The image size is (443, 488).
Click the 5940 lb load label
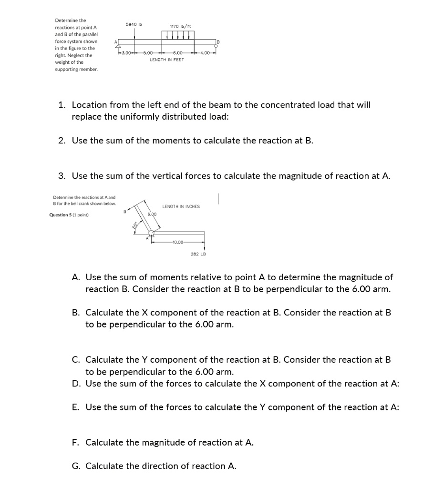134,24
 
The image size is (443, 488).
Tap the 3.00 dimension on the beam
126,52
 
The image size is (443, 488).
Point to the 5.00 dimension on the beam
148,52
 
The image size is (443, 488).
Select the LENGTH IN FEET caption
166,60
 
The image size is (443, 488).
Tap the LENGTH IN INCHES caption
181,206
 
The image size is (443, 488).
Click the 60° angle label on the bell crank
135,225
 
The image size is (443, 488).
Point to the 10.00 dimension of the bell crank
178,242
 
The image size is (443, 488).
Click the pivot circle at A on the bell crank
152,233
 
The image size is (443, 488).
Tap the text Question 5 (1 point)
69,215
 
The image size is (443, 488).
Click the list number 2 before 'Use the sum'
62,141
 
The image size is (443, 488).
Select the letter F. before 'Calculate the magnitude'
75,443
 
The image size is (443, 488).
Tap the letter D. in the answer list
76,384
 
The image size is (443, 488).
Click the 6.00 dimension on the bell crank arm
152,214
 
